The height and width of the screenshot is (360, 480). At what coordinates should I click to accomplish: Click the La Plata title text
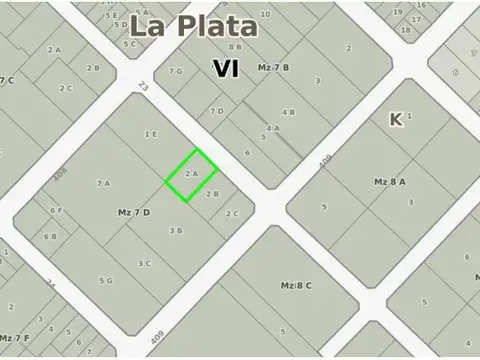click(x=193, y=27)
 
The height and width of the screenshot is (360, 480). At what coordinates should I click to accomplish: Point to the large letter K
click(x=396, y=119)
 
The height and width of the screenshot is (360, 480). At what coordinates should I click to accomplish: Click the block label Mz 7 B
click(x=273, y=67)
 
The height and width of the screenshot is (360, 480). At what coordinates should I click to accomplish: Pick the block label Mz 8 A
click(x=390, y=182)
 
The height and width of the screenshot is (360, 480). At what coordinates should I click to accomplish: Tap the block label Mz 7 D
click(x=133, y=212)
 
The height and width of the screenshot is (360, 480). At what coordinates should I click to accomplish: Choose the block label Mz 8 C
click(x=296, y=286)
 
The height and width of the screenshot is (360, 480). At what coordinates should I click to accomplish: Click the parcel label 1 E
click(x=150, y=134)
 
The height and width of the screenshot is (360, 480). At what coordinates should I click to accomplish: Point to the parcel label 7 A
click(x=103, y=183)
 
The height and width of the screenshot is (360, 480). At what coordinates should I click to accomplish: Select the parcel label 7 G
click(x=176, y=71)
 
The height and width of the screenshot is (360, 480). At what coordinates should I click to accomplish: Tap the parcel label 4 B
click(x=288, y=112)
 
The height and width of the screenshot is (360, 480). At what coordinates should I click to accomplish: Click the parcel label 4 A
click(x=272, y=128)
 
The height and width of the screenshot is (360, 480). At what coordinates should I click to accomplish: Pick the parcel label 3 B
click(x=176, y=230)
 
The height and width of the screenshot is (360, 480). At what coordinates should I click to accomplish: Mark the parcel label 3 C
click(x=144, y=263)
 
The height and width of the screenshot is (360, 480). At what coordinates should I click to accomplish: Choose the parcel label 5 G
click(x=105, y=281)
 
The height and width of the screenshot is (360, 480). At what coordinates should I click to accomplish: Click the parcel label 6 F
click(x=57, y=210)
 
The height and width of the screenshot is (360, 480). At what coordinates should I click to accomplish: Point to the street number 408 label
click(x=59, y=176)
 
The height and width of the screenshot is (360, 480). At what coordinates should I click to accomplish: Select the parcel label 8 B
click(x=235, y=47)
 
